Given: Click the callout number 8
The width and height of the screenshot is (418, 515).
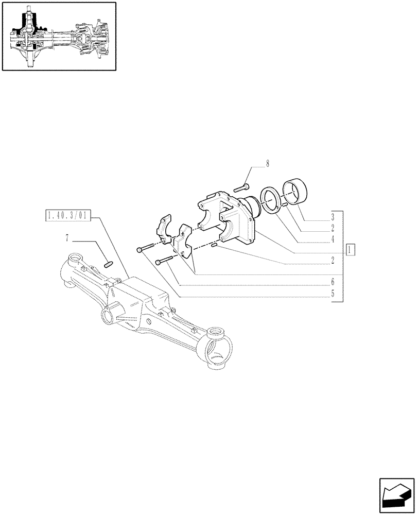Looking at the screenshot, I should [267, 164].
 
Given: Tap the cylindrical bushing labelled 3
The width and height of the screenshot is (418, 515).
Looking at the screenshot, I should [296, 193].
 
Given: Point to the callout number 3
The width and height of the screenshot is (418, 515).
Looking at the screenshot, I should [333, 216].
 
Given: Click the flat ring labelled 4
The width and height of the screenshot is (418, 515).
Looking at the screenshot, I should [271, 200].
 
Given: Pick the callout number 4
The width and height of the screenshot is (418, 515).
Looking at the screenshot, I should [333, 238].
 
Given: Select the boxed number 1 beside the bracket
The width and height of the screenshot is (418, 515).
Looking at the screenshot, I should [351, 250].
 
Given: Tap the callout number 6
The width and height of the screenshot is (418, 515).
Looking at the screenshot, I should [333, 282].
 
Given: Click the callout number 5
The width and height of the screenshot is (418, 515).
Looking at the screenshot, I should [333, 294].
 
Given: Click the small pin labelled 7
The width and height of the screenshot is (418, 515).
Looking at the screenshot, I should [109, 265].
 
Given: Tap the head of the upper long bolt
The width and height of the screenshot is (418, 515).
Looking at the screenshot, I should [140, 250].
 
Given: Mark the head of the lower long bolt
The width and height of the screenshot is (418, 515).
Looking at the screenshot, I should [158, 262].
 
